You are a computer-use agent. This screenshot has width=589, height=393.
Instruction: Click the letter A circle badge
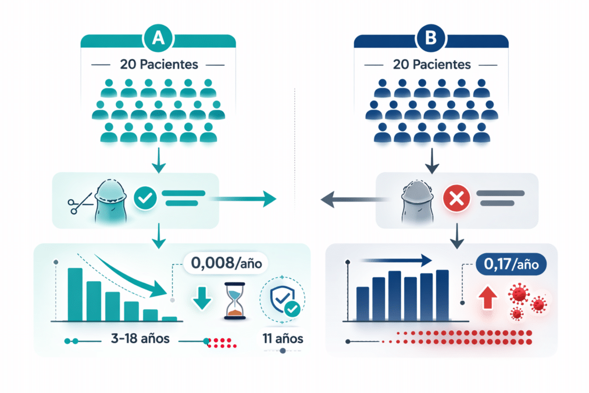(x=158, y=38)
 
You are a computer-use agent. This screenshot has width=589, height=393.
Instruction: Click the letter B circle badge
(x=430, y=38)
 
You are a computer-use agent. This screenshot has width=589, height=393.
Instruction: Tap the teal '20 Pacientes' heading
(x=159, y=64)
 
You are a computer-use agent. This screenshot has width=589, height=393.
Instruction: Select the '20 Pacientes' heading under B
(x=431, y=64)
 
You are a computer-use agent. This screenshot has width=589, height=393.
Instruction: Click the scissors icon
(x=80, y=203)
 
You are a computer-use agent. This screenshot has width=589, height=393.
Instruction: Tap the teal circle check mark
(x=145, y=197)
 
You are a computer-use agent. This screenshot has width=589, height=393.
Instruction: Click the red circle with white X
(x=456, y=198)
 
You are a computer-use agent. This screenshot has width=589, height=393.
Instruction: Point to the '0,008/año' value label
(x=226, y=263)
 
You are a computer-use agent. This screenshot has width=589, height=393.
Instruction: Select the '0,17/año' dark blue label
(x=511, y=264)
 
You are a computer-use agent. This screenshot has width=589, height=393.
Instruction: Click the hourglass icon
(x=235, y=301)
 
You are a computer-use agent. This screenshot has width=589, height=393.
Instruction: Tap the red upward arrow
(x=487, y=297)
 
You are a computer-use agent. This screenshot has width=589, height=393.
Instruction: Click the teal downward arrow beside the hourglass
(x=202, y=298)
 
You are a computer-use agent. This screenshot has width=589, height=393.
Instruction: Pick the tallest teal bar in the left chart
(x=75, y=295)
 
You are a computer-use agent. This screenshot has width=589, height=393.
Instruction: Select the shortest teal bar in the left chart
(x=169, y=319)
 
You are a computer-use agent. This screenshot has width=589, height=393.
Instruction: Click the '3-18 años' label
(x=140, y=338)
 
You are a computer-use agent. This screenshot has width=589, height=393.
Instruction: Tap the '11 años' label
(x=283, y=338)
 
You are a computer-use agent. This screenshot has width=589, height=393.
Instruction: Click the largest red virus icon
(x=519, y=293)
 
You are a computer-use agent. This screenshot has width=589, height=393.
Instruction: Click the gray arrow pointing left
(x=353, y=199)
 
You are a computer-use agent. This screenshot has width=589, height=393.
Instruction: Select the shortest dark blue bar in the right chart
(x=362, y=304)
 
